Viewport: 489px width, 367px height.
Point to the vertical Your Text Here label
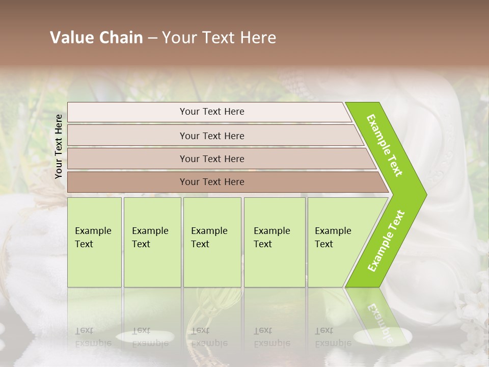[x=59, y=146]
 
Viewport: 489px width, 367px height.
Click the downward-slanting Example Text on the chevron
[x=385, y=146]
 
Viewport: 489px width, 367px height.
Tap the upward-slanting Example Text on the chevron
[x=386, y=241]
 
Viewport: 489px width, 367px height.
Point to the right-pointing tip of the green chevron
[x=425, y=194]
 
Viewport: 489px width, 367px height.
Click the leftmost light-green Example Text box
[x=94, y=242]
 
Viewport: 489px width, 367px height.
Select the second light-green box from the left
[x=152, y=242]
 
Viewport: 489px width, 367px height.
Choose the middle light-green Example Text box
[x=212, y=242]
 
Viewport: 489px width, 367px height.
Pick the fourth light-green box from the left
[x=275, y=242]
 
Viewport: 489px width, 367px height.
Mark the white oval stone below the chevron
[x=382, y=336]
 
